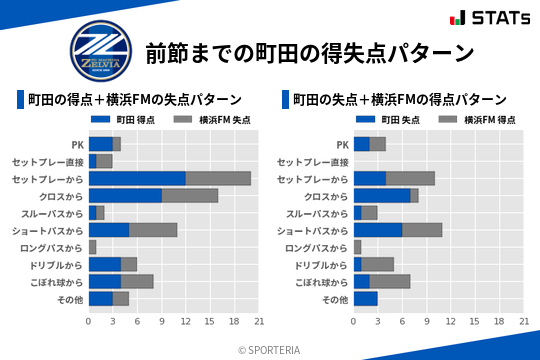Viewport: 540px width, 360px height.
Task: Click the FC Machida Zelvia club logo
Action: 98,50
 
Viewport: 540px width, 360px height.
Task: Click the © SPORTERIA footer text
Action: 270,349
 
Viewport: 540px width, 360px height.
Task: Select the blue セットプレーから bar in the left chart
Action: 137,178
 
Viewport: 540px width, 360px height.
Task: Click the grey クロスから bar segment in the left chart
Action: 190,195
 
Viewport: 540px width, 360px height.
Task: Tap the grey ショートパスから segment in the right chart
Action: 422,229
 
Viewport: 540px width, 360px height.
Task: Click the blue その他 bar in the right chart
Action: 365,298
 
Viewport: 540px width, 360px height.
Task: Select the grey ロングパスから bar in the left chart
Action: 92,246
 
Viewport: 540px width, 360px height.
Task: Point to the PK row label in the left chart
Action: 77,144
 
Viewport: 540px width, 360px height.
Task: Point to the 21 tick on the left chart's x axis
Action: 259,321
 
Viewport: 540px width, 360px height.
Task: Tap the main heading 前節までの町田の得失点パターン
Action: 309,52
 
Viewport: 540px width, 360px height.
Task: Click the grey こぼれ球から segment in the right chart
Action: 390,281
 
